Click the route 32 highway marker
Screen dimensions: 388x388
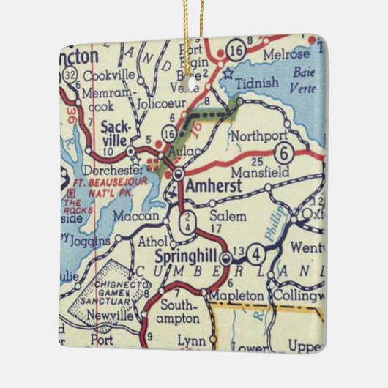click(68, 74)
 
